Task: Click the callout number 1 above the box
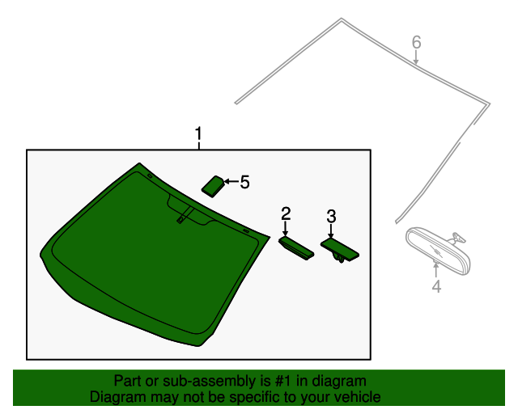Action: click(198, 133)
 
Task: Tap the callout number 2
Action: click(286, 213)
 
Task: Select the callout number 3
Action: click(331, 217)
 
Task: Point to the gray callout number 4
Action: click(436, 286)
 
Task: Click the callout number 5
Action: click(244, 182)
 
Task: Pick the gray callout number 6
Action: click(416, 42)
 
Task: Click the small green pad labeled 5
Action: click(214, 187)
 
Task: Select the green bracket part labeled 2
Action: click(296, 248)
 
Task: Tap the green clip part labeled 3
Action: click(340, 250)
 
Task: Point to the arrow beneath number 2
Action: click(286, 229)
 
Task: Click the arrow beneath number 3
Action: click(331, 230)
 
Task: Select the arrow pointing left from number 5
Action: click(231, 182)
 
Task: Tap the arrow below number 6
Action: click(416, 57)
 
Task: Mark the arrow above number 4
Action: click(436, 270)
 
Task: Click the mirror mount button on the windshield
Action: click(180, 220)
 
